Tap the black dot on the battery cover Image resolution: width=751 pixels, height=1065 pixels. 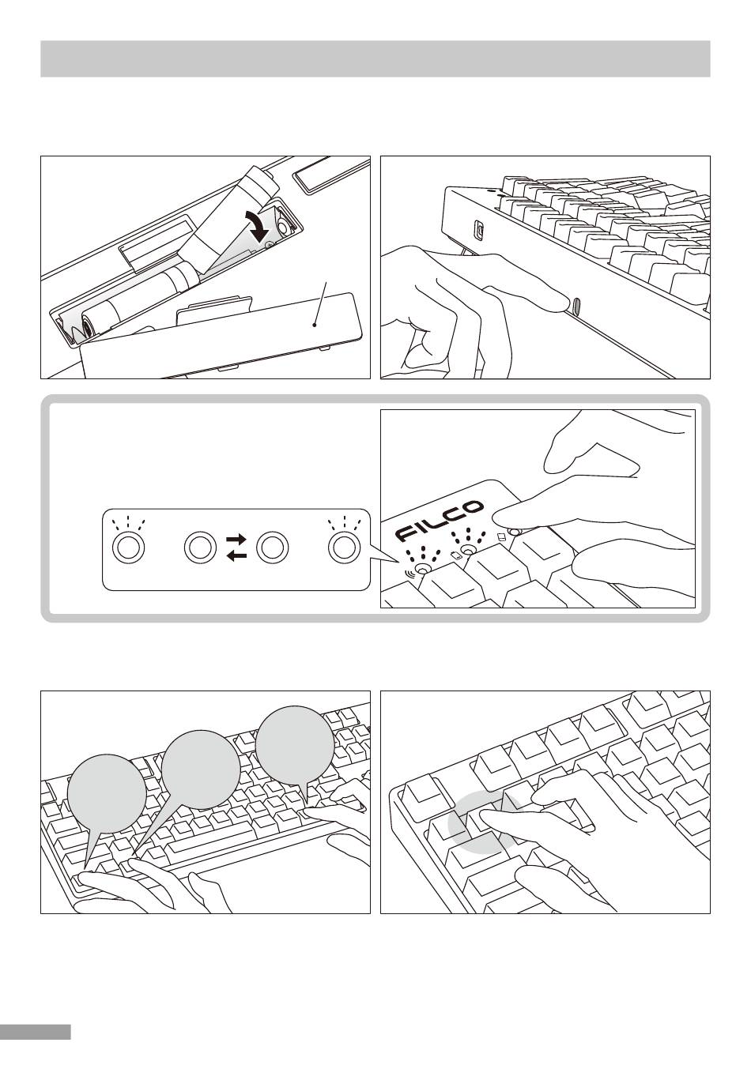[315, 324]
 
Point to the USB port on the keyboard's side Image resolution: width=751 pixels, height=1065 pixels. [477, 230]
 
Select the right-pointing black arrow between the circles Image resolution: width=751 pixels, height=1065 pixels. [236, 539]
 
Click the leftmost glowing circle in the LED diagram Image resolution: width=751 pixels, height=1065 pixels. [128, 547]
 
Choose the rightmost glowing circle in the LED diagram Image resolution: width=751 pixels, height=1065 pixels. [343, 547]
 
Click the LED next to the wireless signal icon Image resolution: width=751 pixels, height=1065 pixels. [424, 569]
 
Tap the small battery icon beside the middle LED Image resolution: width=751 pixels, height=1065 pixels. [455, 555]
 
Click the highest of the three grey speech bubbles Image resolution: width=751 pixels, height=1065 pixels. [295, 746]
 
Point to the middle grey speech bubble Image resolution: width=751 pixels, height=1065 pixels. [200, 770]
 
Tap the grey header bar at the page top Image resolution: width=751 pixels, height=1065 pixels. [375, 59]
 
